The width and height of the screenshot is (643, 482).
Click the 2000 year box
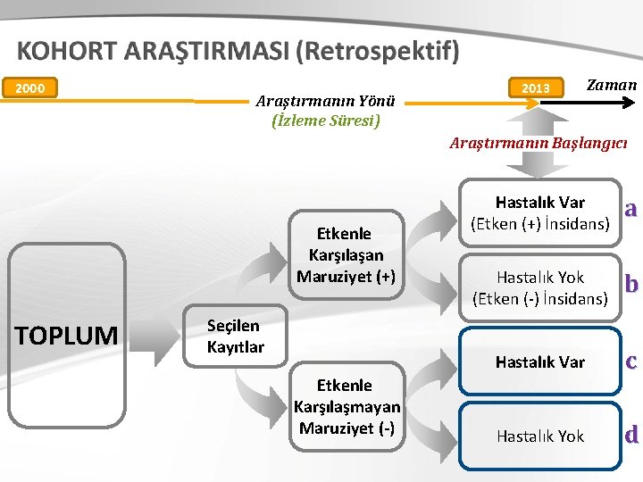point(30,87)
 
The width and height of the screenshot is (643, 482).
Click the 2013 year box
point(535,87)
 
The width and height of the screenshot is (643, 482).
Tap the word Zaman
point(611,85)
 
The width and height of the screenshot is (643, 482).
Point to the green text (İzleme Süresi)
point(326,120)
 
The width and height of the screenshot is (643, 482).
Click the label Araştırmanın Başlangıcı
point(539,143)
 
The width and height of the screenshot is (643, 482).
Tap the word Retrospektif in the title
point(380,52)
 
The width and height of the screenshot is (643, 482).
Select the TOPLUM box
point(67,336)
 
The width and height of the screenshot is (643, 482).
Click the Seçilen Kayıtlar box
point(236,336)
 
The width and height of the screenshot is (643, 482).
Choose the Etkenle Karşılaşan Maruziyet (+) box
point(350,254)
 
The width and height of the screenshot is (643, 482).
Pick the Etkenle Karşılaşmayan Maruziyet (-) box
point(347,406)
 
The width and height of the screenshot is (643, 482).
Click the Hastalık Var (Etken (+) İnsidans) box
point(539,212)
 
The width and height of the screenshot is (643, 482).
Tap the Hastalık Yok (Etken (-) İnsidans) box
point(539,287)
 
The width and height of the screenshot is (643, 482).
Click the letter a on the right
point(630,209)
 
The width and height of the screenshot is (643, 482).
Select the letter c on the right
point(630,361)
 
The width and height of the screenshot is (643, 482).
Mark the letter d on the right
point(630,436)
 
